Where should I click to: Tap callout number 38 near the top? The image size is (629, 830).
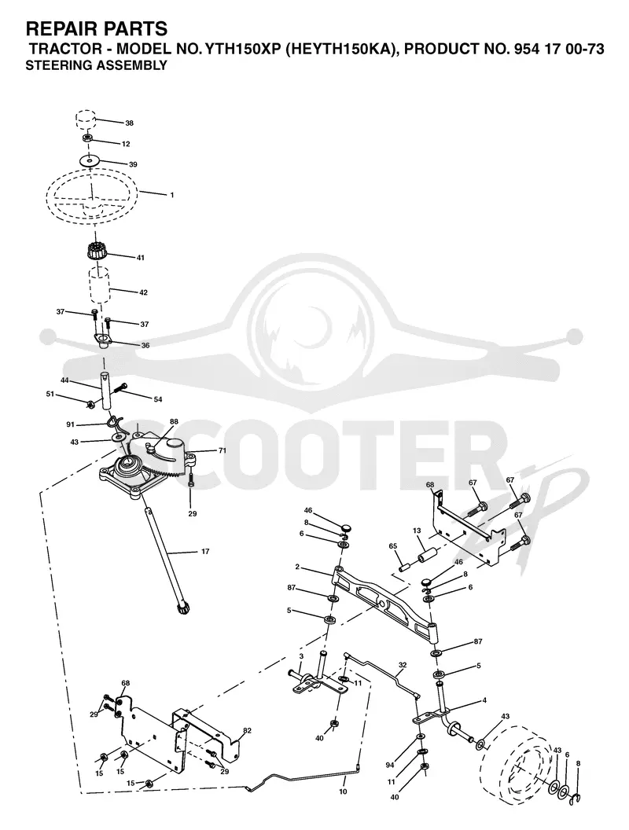[129, 123]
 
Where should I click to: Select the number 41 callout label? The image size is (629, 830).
[140, 258]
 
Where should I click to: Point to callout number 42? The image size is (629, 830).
[143, 292]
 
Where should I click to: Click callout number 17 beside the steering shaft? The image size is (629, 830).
[205, 552]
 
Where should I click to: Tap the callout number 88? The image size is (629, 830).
[174, 422]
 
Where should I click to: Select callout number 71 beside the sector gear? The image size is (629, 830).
[223, 450]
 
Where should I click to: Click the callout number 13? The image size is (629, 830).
[417, 531]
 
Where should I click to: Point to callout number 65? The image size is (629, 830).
[392, 545]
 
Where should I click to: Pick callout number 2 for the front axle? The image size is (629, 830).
[297, 567]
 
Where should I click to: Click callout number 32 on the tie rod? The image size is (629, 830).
[403, 666]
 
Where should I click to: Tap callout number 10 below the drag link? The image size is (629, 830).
[343, 792]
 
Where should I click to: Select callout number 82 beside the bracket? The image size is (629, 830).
[247, 730]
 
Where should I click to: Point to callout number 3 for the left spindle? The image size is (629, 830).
[301, 656]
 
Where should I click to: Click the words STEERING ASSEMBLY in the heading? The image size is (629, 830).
[97, 66]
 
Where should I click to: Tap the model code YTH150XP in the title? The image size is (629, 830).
[243, 50]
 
